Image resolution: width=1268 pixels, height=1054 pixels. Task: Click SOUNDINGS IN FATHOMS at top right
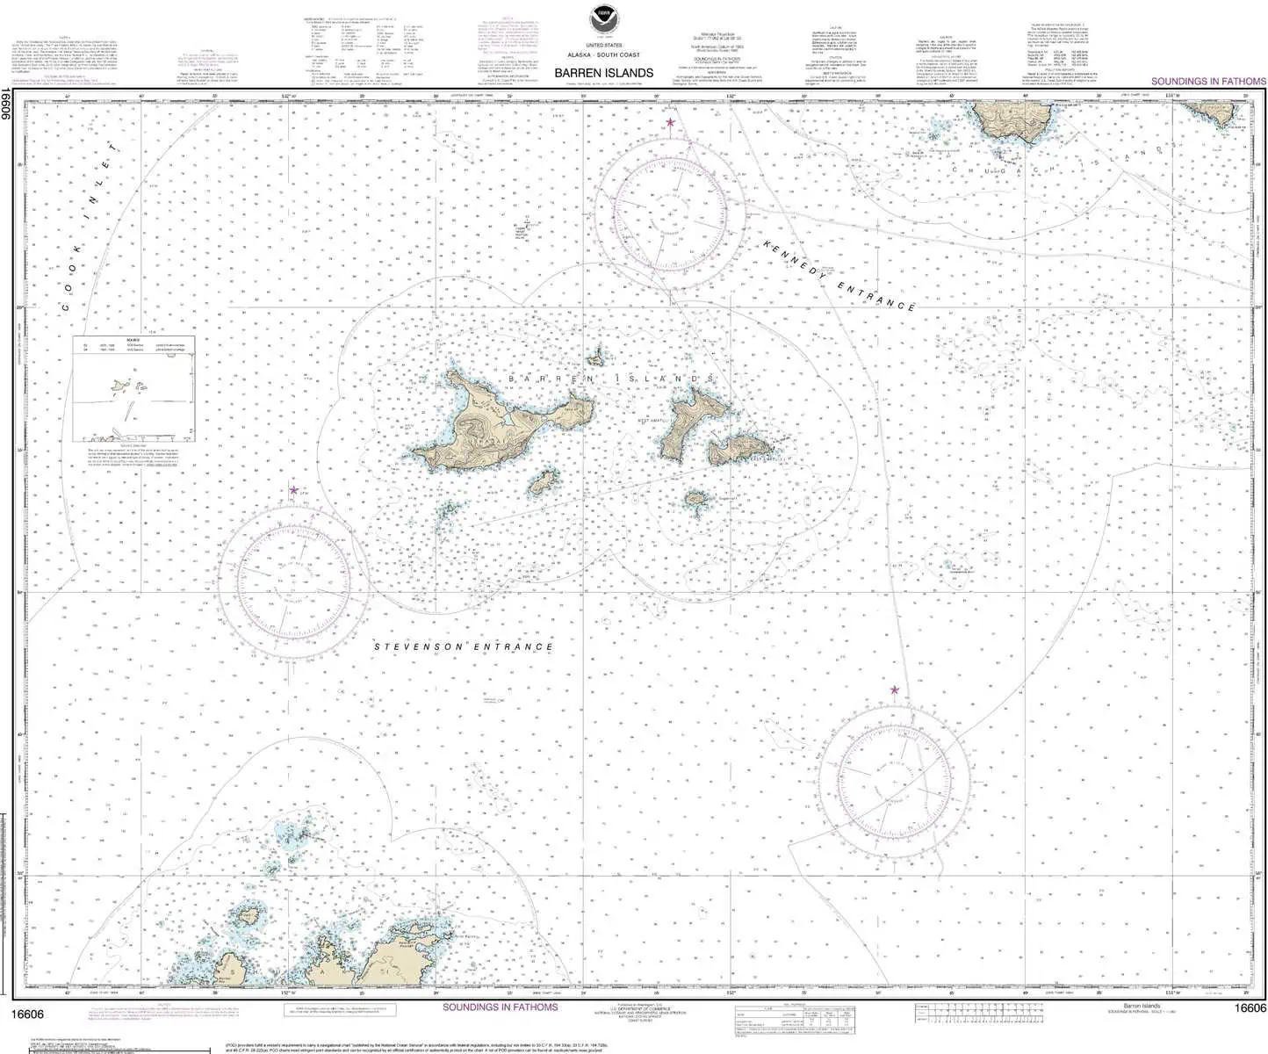click(1208, 81)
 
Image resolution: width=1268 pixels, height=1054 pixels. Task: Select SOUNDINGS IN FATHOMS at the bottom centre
click(500, 1007)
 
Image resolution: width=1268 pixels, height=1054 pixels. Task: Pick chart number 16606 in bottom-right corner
click(1250, 1008)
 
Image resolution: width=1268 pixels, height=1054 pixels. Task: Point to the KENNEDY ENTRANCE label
click(839, 275)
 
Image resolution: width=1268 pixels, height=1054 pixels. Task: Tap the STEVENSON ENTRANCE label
click(465, 647)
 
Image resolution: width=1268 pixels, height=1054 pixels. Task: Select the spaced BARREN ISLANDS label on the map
click(610, 379)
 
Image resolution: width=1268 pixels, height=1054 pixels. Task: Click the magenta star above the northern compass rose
click(671, 122)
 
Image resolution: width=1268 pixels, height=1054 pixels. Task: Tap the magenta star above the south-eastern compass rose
click(895, 689)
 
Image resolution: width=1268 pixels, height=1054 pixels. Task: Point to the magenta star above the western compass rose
click(293, 490)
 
